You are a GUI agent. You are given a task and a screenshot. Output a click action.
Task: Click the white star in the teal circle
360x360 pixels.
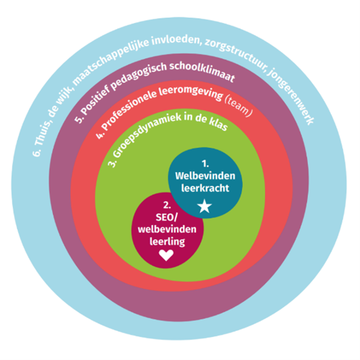[x=204, y=206]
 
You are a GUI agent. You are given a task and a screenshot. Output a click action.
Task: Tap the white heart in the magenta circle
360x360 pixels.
[x=166, y=255]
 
